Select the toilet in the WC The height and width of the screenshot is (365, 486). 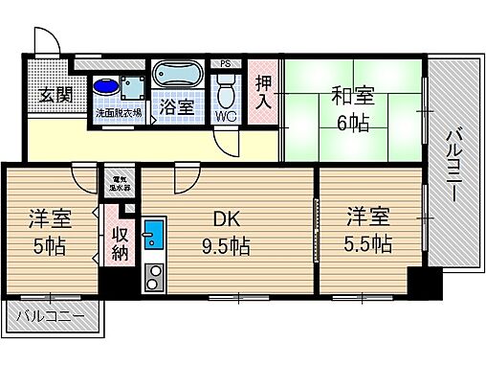pyautogui.click(x=226, y=94)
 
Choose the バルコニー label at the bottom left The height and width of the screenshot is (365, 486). pyautogui.click(x=48, y=317)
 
